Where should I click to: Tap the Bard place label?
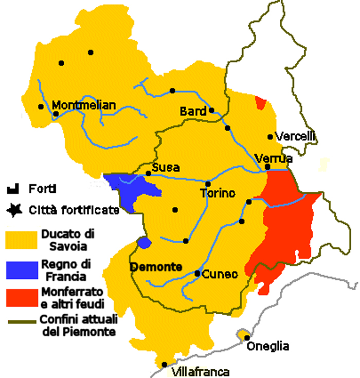point(193,111)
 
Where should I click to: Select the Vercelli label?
point(295,137)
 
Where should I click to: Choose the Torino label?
point(218,193)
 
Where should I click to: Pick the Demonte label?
point(156,267)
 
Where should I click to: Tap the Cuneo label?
point(220,274)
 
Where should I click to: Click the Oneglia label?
point(268,346)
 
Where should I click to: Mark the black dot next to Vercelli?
point(270,137)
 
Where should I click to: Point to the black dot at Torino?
point(208,184)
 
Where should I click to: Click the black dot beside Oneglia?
point(247,338)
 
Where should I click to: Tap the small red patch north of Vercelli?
point(261,102)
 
